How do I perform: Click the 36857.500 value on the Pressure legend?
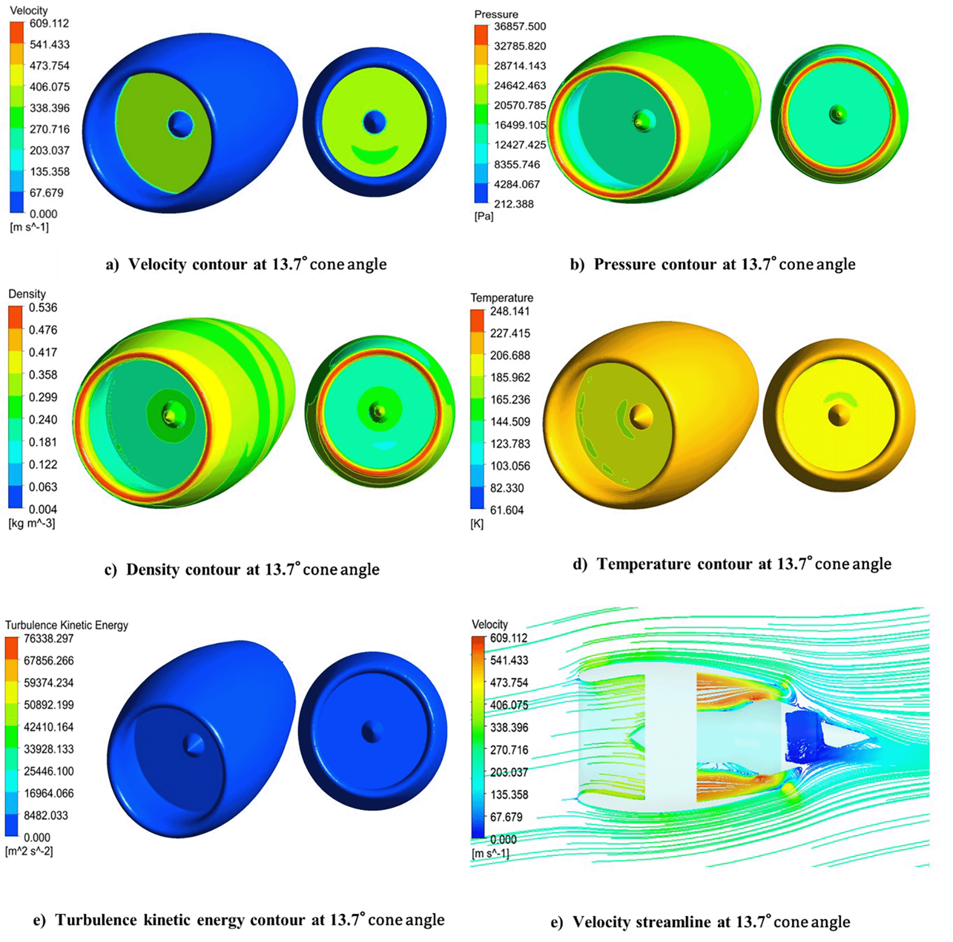[520, 26]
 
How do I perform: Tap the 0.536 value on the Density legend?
[43, 308]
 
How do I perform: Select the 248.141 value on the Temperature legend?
[510, 311]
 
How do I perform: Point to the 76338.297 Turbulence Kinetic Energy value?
[48, 639]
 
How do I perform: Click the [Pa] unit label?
[483, 216]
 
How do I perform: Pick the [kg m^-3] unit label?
[32, 523]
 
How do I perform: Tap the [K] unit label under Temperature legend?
[477, 524]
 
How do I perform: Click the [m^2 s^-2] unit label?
[29, 851]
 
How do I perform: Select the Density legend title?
[27, 294]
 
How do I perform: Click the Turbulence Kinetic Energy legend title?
[66, 625]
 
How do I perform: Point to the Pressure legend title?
[496, 14]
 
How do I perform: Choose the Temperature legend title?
[501, 298]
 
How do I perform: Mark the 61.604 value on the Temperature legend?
[506, 510]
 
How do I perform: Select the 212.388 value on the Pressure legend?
[513, 204]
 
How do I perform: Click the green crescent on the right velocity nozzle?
[374, 154]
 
